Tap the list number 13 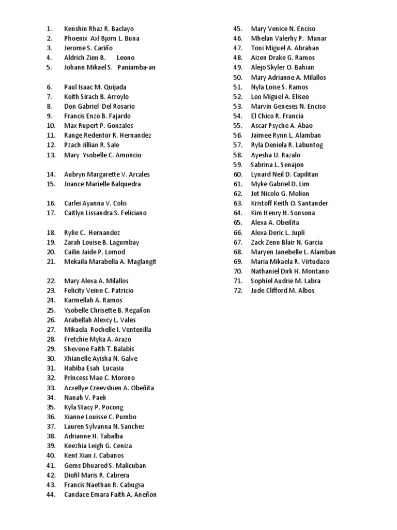(x=51, y=155)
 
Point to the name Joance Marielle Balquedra (x=102, y=184)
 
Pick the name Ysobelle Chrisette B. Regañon (x=107, y=310)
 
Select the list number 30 (x=51, y=358)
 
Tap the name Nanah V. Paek (x=85, y=397)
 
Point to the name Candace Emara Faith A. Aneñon (x=110, y=494)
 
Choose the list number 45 (x=238, y=28)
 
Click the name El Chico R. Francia (x=277, y=116)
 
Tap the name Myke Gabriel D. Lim (x=279, y=184)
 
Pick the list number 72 (x=238, y=290)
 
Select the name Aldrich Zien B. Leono (x=99, y=57)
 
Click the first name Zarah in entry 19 (x=73, y=242)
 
